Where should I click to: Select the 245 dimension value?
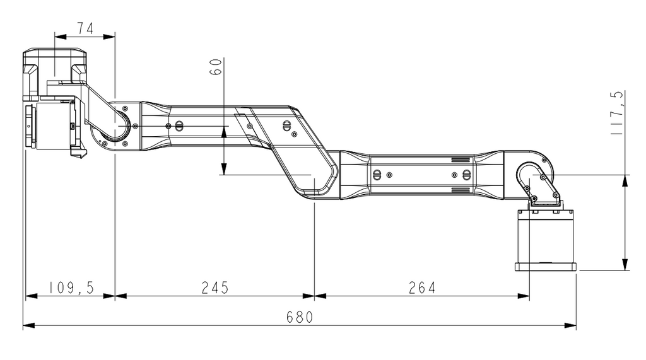click(214, 287)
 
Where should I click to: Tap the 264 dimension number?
click(422, 287)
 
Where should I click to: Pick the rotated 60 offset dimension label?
click(215, 67)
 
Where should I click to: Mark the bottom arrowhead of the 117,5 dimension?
click(625, 264)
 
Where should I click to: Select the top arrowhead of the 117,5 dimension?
click(625, 180)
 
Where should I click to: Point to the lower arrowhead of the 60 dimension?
click(223, 169)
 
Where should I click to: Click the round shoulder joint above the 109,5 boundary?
click(116, 126)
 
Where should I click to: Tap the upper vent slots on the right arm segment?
click(461, 159)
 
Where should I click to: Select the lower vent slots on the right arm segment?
click(461, 189)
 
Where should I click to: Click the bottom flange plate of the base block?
click(546, 267)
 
